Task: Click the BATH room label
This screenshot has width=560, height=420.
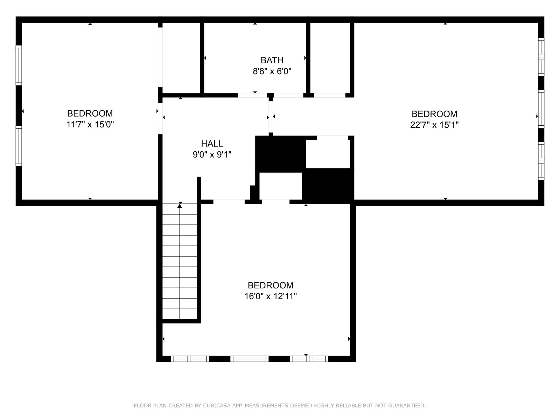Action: tap(272, 60)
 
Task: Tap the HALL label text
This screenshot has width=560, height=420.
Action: tap(212, 143)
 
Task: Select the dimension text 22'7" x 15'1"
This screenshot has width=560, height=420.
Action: tap(434, 125)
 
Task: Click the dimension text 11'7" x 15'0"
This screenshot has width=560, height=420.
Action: tap(90, 125)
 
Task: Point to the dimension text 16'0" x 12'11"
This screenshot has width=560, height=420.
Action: tap(271, 296)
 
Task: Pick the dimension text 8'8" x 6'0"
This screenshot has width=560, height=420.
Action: tap(272, 71)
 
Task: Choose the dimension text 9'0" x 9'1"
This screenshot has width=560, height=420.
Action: tap(212, 155)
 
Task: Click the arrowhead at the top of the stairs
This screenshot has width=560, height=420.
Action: tap(180, 206)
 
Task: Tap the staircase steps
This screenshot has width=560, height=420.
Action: tap(180, 261)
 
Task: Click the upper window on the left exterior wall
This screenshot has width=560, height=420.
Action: tap(19, 65)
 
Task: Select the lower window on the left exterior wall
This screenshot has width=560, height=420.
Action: tap(19, 146)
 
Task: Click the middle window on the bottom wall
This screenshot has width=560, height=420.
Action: tap(249, 359)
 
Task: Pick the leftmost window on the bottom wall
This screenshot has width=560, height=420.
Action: tap(190, 359)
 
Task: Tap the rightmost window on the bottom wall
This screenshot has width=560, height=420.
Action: tap(309, 359)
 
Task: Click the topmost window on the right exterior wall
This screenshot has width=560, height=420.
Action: tap(541, 57)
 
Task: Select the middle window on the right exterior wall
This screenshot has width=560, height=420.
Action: tap(541, 109)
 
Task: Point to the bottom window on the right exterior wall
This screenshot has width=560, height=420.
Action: tap(541, 161)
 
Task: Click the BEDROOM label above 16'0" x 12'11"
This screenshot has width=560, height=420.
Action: tap(271, 285)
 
